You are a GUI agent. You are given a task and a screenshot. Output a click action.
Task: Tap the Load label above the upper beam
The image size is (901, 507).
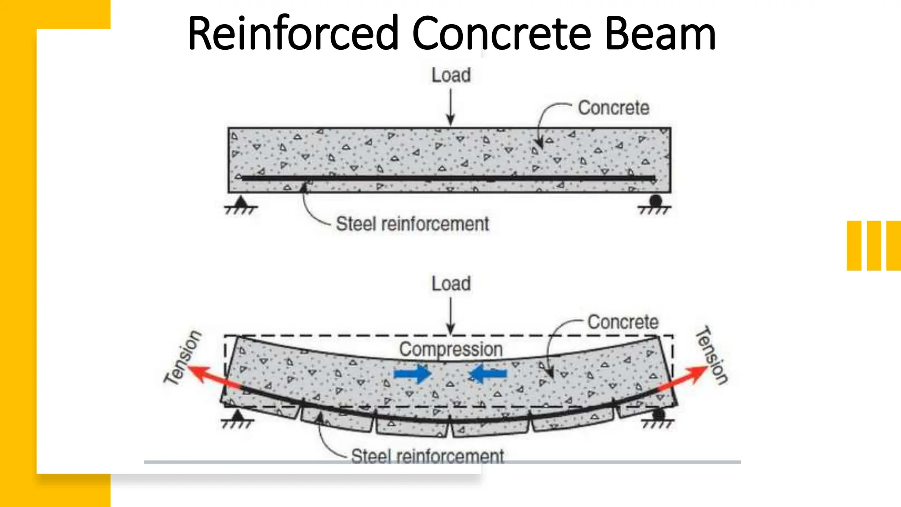coord(451,75)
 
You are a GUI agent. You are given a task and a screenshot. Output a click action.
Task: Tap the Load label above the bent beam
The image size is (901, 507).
coord(451,284)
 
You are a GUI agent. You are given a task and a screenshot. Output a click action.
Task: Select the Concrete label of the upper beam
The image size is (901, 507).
coord(613,108)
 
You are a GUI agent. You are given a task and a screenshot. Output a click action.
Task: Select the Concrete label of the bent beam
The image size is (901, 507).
coord(623,322)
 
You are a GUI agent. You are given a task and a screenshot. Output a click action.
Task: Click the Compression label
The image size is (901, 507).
coord(451,349)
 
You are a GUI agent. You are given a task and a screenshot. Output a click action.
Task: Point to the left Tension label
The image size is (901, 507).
coord(183,357)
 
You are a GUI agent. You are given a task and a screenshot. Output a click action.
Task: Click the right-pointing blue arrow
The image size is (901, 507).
coord(412,374)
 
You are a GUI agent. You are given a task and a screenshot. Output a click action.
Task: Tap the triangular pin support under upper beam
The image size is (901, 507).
coord(240,202)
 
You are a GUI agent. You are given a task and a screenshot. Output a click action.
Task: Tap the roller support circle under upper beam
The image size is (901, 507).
coord(656,201)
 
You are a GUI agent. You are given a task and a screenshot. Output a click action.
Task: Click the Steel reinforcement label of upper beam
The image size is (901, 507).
coord(412,224)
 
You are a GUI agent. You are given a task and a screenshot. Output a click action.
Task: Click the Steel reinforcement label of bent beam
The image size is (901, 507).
coord(427,456)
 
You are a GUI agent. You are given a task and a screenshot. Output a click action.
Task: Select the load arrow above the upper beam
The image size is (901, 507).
coord(450,107)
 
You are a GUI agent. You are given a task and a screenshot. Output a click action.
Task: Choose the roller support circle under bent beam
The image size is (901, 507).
coord(659,415)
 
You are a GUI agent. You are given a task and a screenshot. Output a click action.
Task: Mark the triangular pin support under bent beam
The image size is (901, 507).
coord(238,415)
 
